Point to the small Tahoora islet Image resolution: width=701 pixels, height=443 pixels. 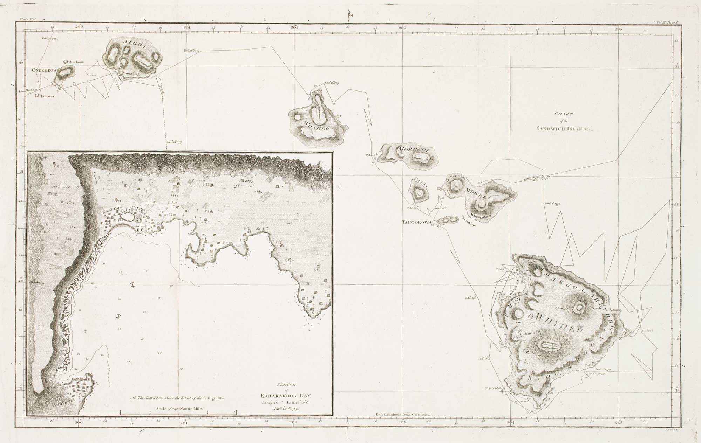pos(37,95)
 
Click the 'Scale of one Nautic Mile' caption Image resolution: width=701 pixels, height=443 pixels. pos(178,409)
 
